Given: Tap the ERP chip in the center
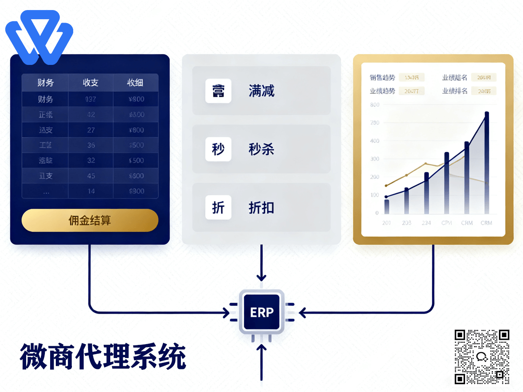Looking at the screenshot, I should (261, 312).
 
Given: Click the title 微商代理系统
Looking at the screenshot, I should (103, 357).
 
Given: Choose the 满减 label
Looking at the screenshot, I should (261, 91).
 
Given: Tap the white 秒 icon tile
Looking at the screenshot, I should (218, 149).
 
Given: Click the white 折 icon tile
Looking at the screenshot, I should (218, 208).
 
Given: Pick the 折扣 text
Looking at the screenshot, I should (261, 208).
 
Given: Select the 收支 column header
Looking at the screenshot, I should (91, 83).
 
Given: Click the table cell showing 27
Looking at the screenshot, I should (91, 130).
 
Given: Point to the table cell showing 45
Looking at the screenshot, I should (91, 176).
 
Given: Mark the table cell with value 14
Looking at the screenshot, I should (91, 191).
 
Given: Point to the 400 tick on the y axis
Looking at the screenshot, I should (374, 141).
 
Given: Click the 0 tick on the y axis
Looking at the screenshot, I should (377, 213).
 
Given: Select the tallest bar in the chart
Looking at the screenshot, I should (486, 163).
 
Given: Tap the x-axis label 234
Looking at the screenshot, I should (426, 223).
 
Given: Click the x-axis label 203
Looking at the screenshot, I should (406, 223).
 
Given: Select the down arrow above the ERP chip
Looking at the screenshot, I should (261, 277).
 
